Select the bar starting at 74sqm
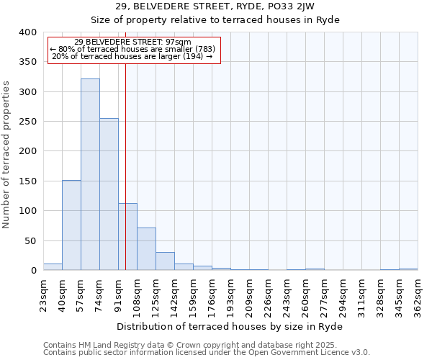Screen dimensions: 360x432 click(109, 194)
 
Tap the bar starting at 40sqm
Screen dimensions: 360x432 click(71, 225)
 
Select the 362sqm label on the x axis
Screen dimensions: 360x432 click(418, 295)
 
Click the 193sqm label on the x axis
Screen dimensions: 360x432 click(230, 295)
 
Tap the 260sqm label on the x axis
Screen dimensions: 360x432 click(305, 295)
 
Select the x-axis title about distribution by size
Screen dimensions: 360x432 click(229, 327)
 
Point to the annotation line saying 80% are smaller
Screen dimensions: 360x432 click(132, 49)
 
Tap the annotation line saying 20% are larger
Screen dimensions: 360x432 click(132, 56)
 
